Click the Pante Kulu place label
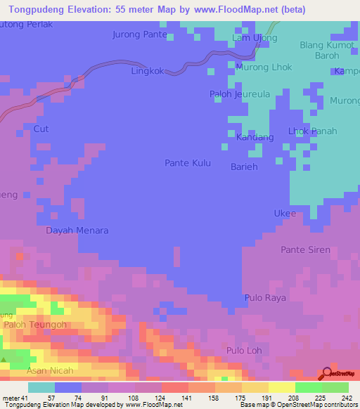pos(186,162)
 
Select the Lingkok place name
pos(148,71)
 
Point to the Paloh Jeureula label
pos(240,93)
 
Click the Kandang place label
pos(255,137)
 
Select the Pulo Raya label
pos(264,298)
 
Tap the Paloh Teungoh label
pos(35,325)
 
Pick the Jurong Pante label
pos(140,34)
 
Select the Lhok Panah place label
pos(313,131)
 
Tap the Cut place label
pos(41,129)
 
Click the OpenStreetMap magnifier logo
pos(328,374)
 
